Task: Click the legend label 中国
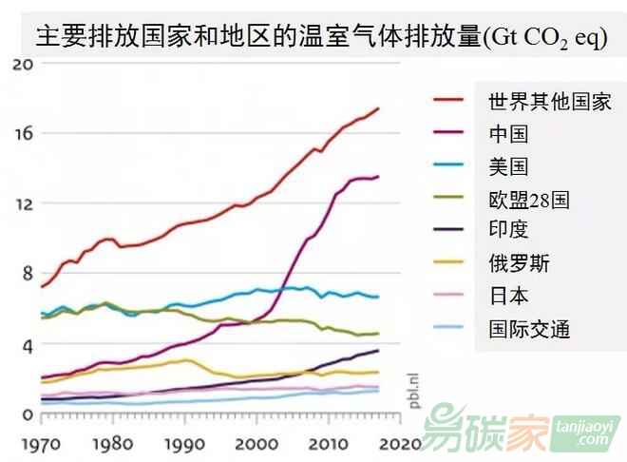tap(507, 133)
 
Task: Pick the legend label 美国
tap(507, 166)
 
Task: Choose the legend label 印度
tap(507, 230)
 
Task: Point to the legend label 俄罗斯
tap(519, 263)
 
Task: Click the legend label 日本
tap(507, 297)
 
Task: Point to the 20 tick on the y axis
tap(24, 64)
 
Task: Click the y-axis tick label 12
tap(24, 203)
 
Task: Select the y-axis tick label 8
tap(28, 274)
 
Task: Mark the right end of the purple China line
tap(378, 177)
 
